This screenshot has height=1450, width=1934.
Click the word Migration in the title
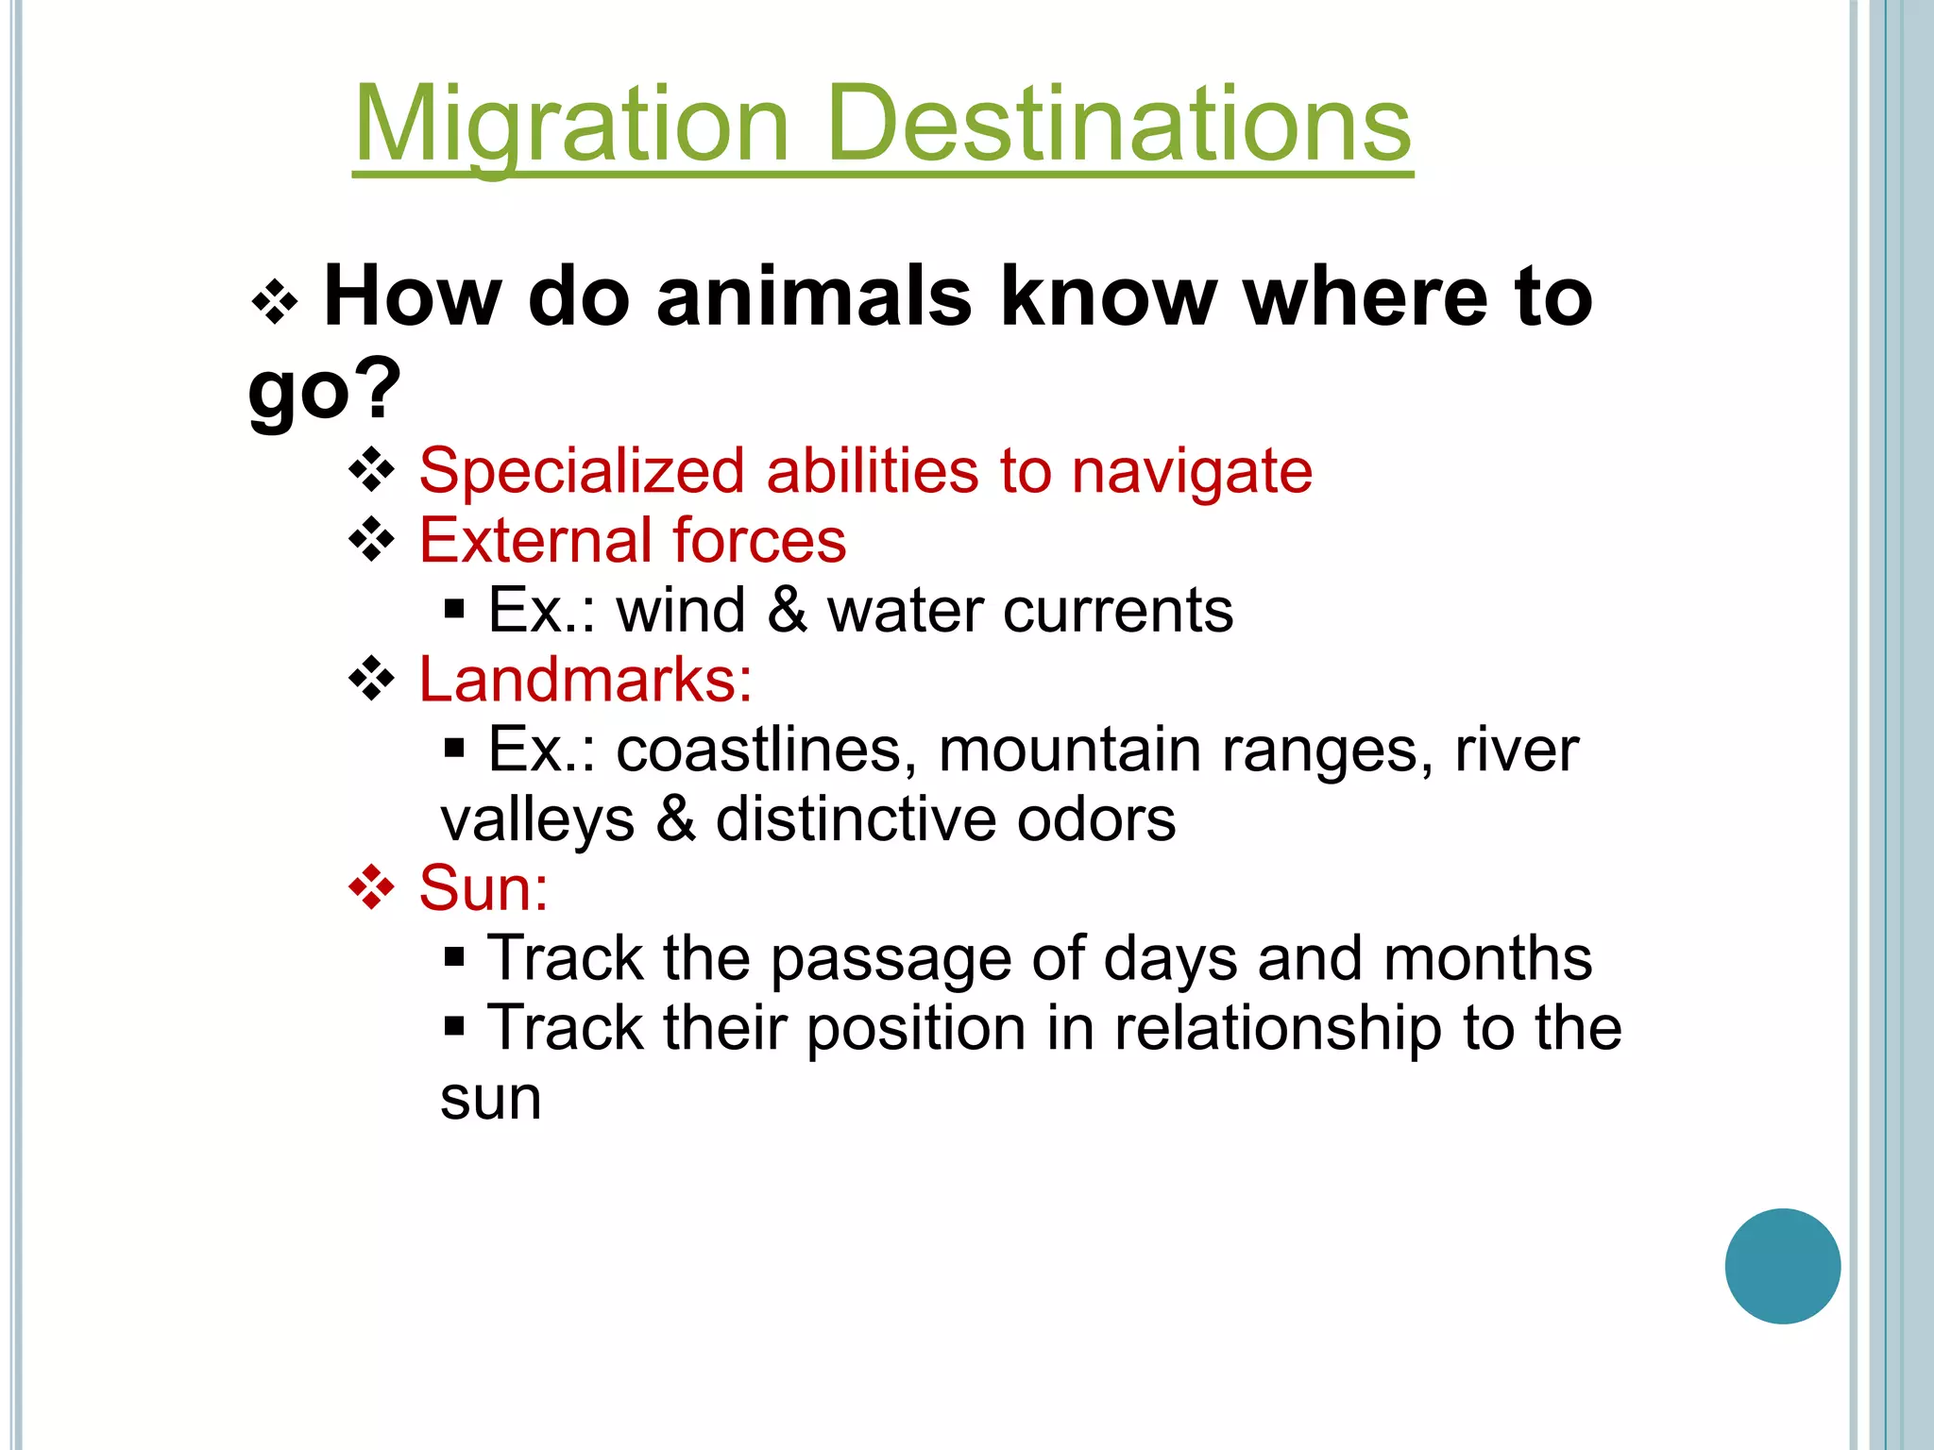tap(571, 125)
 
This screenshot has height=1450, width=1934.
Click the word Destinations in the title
tap(1119, 125)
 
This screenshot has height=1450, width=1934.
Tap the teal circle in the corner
tap(1782, 1266)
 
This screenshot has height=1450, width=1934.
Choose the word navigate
tap(1192, 471)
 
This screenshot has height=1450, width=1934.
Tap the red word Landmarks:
tap(585, 680)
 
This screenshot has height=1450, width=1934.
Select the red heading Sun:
tap(483, 888)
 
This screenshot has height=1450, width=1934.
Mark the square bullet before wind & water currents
tap(454, 609)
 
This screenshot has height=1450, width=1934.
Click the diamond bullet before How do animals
tap(275, 302)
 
